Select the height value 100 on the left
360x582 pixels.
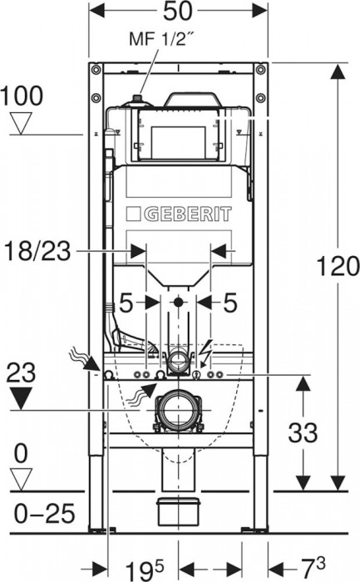[x=22, y=96]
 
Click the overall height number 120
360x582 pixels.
[x=338, y=267]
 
